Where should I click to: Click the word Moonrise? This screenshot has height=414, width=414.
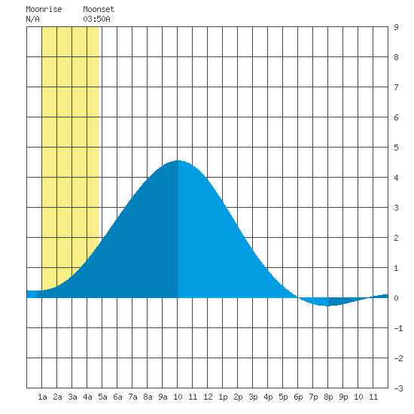pyautogui.click(x=44, y=9)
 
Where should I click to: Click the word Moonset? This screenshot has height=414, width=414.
pyautogui.click(x=99, y=9)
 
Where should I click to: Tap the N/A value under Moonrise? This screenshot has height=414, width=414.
pyautogui.click(x=32, y=19)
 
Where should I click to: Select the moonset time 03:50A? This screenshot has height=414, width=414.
pyautogui.click(x=96, y=19)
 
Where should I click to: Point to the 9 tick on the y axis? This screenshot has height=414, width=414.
pyautogui.click(x=396, y=27)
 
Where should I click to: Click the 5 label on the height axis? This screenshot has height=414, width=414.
pyautogui.click(x=396, y=148)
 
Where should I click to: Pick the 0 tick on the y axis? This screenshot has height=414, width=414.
pyautogui.click(x=396, y=298)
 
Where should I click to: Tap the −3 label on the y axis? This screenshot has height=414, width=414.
pyautogui.click(x=398, y=388)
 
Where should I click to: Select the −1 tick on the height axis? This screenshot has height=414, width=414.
pyautogui.click(x=398, y=328)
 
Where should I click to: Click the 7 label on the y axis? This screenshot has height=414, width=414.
pyautogui.click(x=396, y=87)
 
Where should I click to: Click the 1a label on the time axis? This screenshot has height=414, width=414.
pyautogui.click(x=42, y=397)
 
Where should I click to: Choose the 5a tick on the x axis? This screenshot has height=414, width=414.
pyautogui.click(x=102, y=397)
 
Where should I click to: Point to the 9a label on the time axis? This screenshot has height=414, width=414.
pyautogui.click(x=163, y=397)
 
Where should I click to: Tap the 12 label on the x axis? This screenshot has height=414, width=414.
pyautogui.click(x=208, y=397)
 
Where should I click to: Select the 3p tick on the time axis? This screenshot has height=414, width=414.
pyautogui.click(x=253, y=397)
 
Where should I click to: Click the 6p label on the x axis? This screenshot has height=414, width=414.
pyautogui.click(x=298, y=397)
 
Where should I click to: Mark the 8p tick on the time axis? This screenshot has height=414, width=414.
pyautogui.click(x=328, y=397)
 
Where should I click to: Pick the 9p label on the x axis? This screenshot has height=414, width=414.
pyautogui.click(x=343, y=397)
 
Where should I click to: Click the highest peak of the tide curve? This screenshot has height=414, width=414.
pyautogui.click(x=178, y=160)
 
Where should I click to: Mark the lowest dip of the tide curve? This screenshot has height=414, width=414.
pyautogui.click(x=327, y=306)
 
